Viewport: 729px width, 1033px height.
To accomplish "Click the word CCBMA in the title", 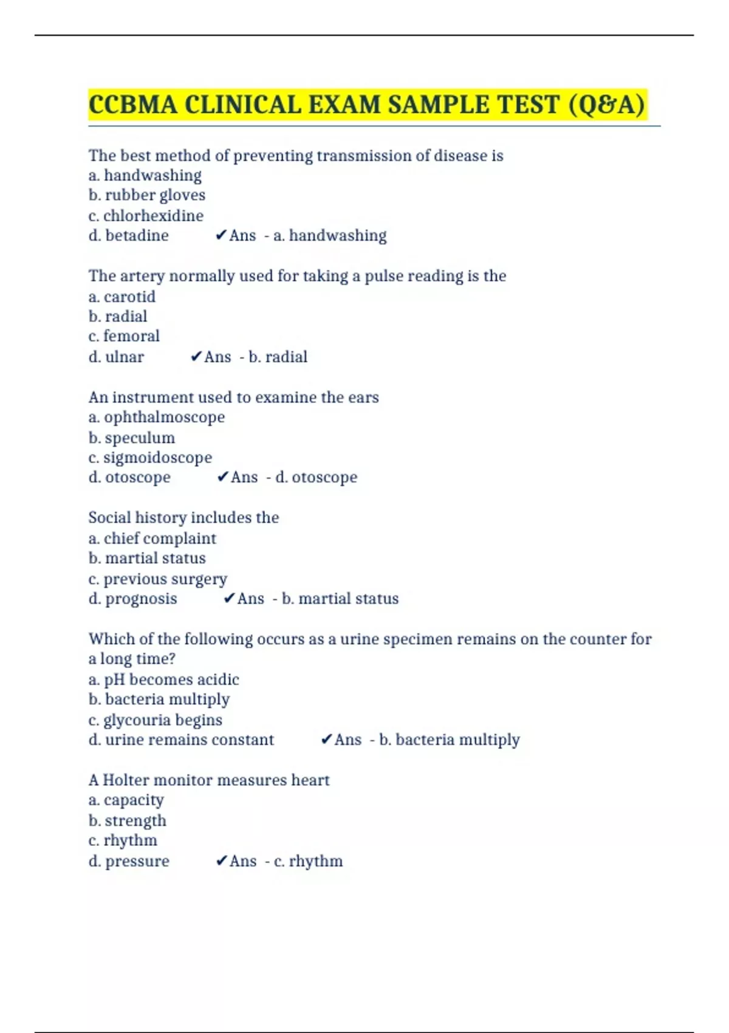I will pyautogui.click(x=133, y=105).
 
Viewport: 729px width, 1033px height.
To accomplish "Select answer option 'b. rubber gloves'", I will pyautogui.click(x=147, y=195).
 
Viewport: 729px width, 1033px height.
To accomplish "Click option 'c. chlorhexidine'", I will pyautogui.click(x=146, y=216).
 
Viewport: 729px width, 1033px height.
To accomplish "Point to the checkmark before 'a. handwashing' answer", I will pyautogui.click(x=221, y=235).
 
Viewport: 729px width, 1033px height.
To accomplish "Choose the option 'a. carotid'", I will pyautogui.click(x=122, y=297).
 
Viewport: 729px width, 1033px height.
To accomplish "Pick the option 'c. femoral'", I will pyautogui.click(x=124, y=336).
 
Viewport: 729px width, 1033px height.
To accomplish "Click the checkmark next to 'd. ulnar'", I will pyautogui.click(x=196, y=357).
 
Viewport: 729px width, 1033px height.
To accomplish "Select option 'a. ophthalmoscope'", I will pyautogui.click(x=157, y=417).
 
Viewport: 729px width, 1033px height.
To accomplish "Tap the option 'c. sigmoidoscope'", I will pyautogui.click(x=150, y=458).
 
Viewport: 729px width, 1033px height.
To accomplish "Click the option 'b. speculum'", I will pyautogui.click(x=132, y=438).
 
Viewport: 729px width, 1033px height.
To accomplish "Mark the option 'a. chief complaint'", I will pyautogui.click(x=152, y=538).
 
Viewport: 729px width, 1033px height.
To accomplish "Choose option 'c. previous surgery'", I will pyautogui.click(x=158, y=579).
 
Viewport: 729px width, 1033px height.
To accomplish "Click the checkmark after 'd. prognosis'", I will pyautogui.click(x=229, y=599).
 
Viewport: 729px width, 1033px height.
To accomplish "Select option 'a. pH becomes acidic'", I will pyautogui.click(x=163, y=679).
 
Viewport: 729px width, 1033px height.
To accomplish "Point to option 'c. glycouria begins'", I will pyautogui.click(x=156, y=720).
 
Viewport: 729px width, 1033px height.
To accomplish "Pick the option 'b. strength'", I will pyautogui.click(x=128, y=821).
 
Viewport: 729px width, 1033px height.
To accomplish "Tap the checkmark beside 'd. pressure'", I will pyautogui.click(x=222, y=861).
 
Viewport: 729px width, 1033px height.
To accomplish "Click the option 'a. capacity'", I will pyautogui.click(x=126, y=800).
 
